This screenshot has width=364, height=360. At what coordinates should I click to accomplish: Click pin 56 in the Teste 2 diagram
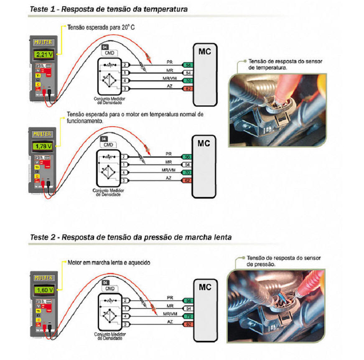tap(188, 301)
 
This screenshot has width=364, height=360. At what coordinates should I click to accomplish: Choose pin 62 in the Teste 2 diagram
tap(188, 324)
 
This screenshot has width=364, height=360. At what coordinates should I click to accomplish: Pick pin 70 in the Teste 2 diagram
tap(188, 316)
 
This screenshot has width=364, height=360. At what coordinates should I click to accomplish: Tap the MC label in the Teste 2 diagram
tap(205, 288)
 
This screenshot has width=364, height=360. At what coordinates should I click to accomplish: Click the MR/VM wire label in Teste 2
tap(170, 314)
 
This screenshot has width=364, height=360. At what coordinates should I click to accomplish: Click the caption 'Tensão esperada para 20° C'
tap(101, 27)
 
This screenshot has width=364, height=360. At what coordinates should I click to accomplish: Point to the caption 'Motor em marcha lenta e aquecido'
tap(109, 263)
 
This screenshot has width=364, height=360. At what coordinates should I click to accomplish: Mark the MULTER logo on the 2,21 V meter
tap(43, 42)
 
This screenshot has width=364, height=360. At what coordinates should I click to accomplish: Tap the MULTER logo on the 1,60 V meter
tap(43, 278)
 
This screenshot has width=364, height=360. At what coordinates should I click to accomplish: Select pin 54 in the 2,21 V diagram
tap(188, 73)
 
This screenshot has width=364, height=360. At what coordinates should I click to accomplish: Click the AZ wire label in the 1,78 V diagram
tap(168, 178)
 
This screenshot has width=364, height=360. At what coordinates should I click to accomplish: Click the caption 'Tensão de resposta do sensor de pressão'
tap(284, 261)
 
